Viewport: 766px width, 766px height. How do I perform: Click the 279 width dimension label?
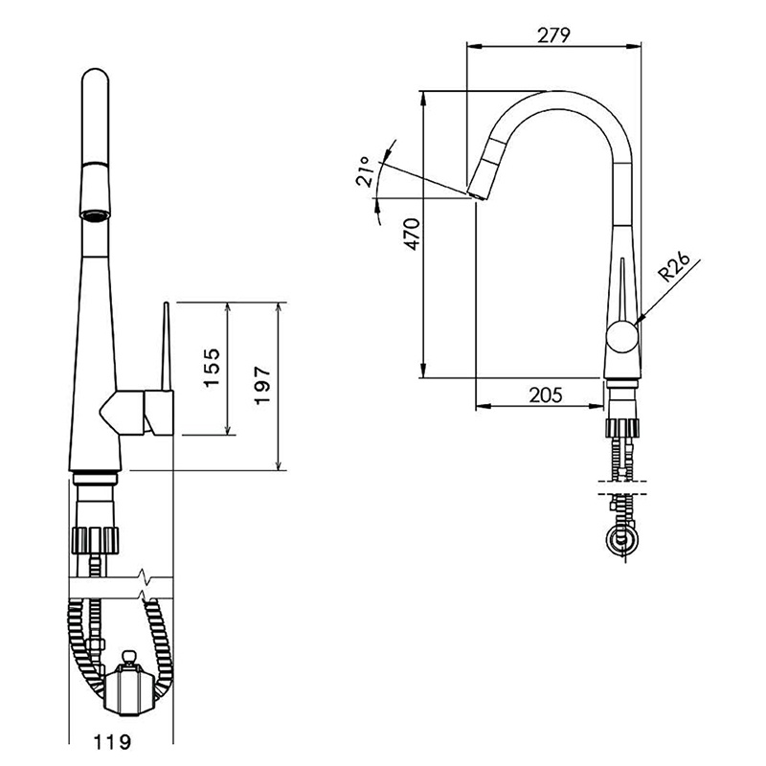click(553, 34)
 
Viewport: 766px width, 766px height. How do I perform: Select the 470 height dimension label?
click(413, 235)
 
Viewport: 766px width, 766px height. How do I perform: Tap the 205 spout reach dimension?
click(546, 394)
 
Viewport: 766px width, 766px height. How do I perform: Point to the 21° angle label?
click(366, 171)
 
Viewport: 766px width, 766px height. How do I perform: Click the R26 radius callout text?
click(674, 267)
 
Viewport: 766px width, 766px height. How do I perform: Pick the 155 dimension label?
click(212, 368)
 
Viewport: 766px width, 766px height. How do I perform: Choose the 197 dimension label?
click(262, 386)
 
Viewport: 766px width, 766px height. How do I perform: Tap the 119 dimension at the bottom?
click(112, 742)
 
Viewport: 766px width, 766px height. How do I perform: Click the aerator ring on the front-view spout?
click(95, 214)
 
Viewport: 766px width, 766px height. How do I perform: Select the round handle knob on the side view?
click(621, 337)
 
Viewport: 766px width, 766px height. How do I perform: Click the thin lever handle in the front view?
click(166, 347)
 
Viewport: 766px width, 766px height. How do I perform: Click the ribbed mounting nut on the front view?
click(96, 540)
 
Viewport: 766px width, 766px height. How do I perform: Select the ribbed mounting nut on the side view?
click(621, 428)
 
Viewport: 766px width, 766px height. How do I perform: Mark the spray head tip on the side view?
click(477, 194)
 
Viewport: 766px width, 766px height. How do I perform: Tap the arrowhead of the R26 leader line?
click(639, 322)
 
